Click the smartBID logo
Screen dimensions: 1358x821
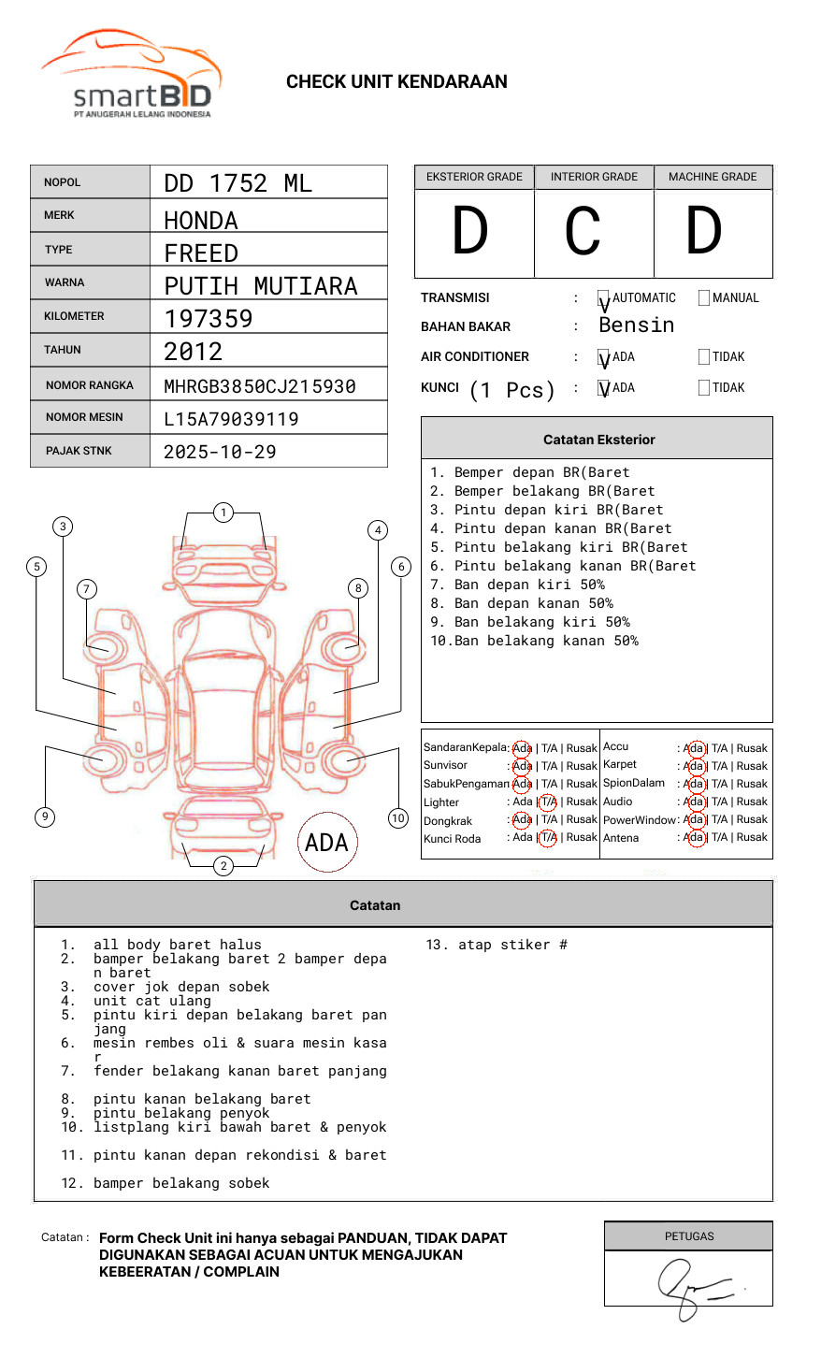pos(132,76)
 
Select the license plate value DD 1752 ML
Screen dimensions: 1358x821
pos(238,183)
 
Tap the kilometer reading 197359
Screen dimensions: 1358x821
pos(208,319)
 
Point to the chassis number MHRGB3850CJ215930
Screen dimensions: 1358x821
pos(259,386)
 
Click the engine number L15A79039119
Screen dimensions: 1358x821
pos(231,419)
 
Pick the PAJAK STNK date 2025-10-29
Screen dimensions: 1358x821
pos(220,452)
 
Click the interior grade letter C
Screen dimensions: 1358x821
pos(583,231)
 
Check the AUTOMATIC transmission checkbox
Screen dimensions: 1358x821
pos(604,298)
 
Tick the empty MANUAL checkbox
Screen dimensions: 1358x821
pos(704,298)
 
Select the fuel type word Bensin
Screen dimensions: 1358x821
pos(636,325)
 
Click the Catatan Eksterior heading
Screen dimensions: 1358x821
pos(598,440)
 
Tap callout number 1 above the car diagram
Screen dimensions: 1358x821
pos(223,513)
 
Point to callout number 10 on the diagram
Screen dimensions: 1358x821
pos(398,818)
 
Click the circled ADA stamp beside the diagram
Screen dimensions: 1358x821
pos(327,843)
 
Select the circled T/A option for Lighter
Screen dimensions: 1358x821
pos(548,802)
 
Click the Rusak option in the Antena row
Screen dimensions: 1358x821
pos(752,837)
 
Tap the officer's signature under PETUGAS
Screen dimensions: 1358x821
pos(693,1285)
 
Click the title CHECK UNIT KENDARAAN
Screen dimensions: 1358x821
pos(396,82)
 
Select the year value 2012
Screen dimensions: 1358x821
pos(193,353)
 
